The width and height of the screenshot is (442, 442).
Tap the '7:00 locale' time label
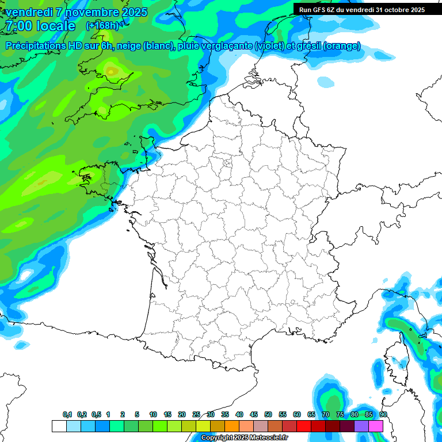point(40,26)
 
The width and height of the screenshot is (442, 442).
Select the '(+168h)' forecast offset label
point(102,26)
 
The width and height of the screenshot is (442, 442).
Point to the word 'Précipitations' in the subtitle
point(36,46)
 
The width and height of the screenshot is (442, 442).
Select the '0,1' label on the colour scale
point(67,414)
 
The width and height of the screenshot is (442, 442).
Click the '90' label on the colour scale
point(383,414)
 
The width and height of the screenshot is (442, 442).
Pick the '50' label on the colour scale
point(268,414)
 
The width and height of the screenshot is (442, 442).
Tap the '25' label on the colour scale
point(196,414)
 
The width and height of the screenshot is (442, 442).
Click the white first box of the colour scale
point(59,426)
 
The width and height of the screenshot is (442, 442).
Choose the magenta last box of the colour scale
point(376,426)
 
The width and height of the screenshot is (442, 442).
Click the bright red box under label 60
point(304,426)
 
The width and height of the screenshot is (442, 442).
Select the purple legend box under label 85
point(361,426)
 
